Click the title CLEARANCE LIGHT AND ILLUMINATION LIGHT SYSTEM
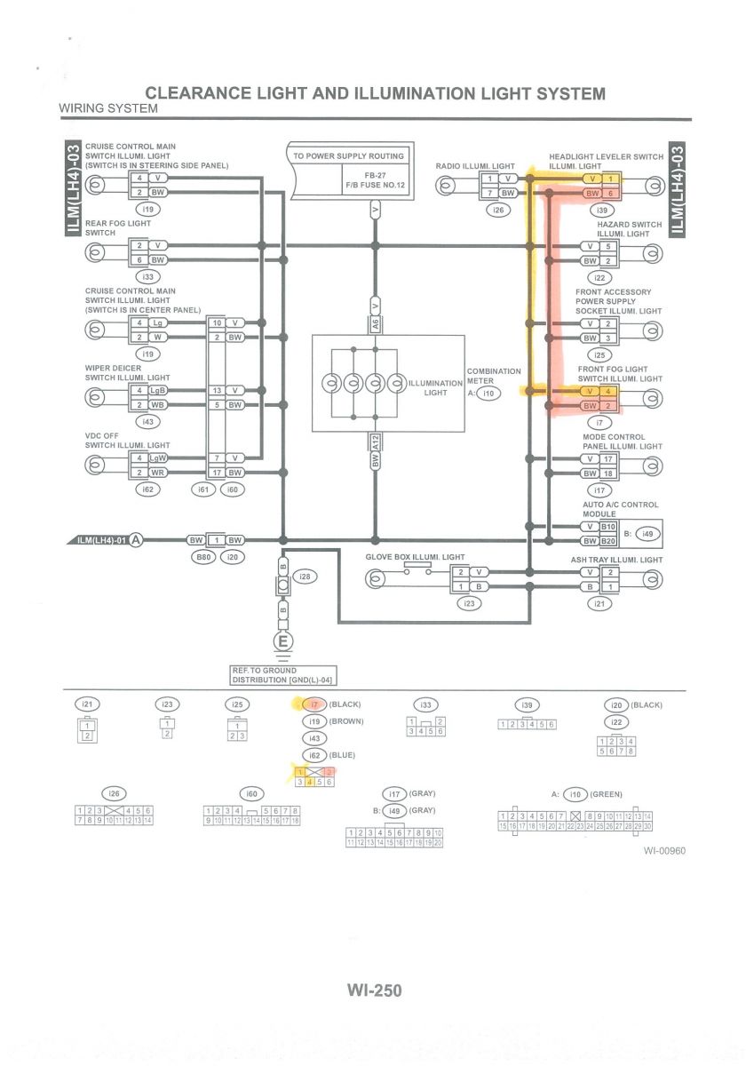tap(375, 93)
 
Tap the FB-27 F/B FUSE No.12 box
tap(374, 181)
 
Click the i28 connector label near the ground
tap(306, 577)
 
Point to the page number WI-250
tap(374, 990)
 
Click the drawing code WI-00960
tap(664, 851)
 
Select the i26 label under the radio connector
tap(496, 211)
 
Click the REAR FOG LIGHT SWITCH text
tap(118, 227)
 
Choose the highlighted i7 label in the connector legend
tap(313, 704)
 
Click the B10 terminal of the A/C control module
tap(608, 527)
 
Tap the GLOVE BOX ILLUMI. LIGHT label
tap(415, 557)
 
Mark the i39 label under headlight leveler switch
tap(602, 211)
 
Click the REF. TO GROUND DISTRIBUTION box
tap(282, 675)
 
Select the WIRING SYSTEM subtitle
tap(108, 108)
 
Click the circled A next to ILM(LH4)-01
tap(136, 539)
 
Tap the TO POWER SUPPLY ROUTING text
tap(348, 155)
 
